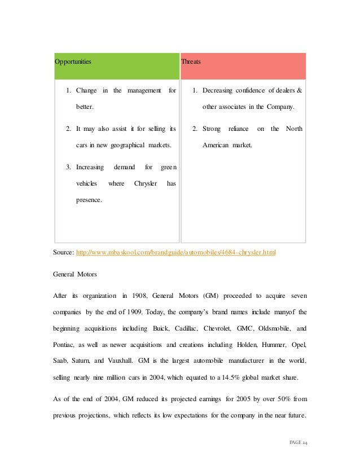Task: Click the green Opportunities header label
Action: pyautogui.click(x=73, y=61)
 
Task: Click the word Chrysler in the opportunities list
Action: pyautogui.click(x=147, y=183)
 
